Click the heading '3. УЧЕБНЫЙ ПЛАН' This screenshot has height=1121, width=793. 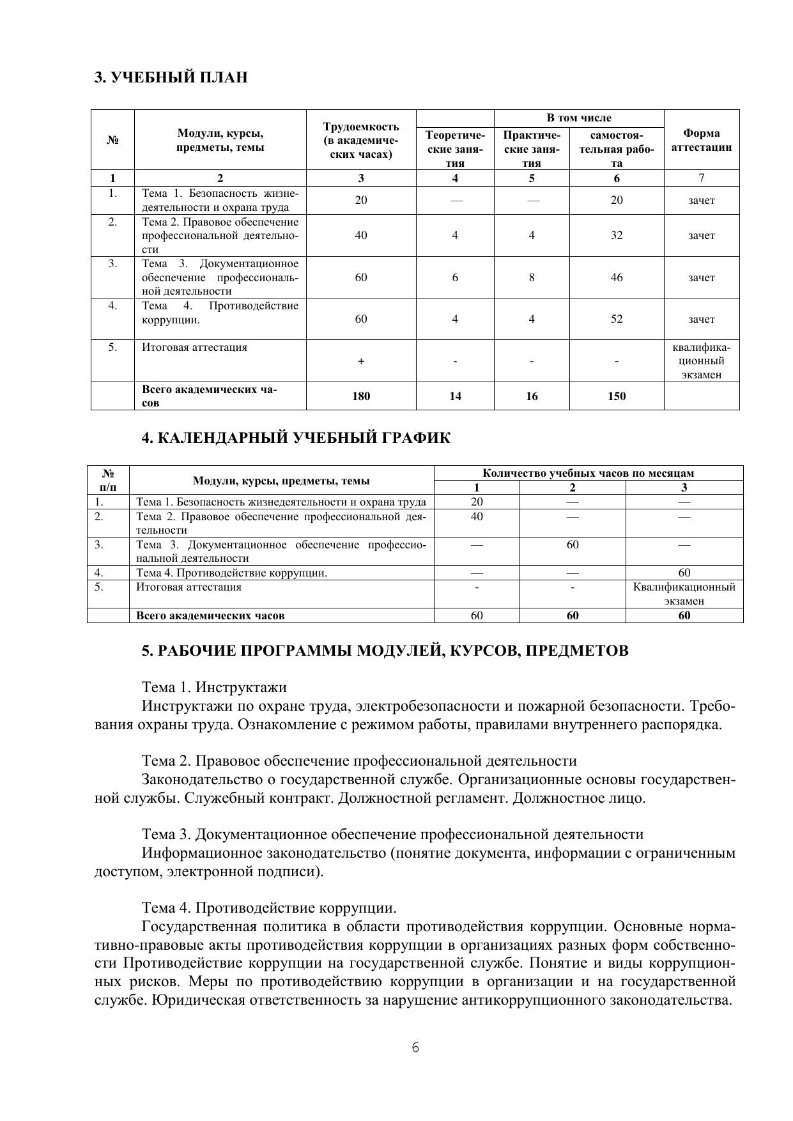(171, 78)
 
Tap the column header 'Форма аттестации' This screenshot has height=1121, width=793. (701, 140)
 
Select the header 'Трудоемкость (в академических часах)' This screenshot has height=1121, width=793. (361, 140)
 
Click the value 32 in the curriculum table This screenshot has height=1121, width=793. (616, 235)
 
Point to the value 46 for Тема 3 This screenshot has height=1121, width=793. (616, 277)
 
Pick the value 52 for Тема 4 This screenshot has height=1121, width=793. (616, 319)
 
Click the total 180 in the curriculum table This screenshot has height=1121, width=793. (361, 396)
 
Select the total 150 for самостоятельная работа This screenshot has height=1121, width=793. (616, 396)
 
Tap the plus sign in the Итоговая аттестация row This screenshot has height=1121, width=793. (361, 362)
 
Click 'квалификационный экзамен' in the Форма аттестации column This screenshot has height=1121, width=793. (701, 361)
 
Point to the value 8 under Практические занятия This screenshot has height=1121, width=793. (531, 277)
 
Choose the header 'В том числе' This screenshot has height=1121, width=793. (578, 118)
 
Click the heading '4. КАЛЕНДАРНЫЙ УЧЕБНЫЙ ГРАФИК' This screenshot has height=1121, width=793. (295, 438)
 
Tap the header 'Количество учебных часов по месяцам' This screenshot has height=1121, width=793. (588, 474)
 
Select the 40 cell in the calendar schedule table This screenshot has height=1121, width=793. (477, 516)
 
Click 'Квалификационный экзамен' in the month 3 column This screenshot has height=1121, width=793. (684, 594)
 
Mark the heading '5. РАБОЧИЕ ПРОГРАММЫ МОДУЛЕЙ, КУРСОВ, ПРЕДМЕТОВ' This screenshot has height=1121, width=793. (385, 651)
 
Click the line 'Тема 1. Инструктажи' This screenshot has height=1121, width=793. (214, 688)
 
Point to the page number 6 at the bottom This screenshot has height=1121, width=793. (415, 1048)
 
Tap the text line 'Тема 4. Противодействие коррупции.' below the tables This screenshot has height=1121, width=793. (269, 908)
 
